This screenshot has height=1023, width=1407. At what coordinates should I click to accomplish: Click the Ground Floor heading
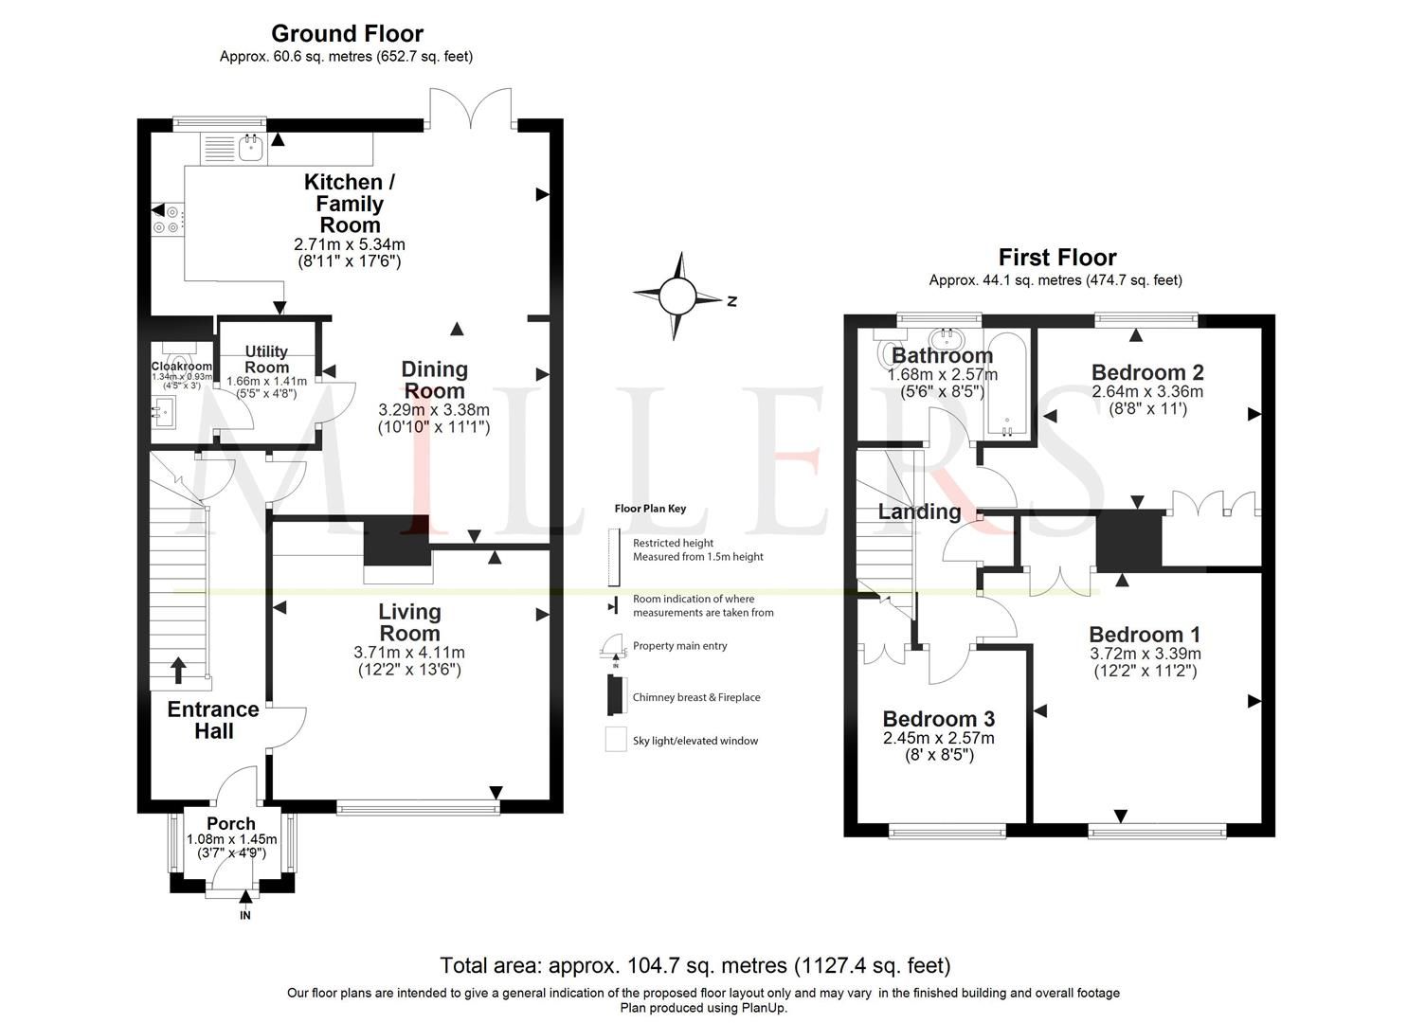(347, 34)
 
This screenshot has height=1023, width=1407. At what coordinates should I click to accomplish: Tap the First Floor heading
(1056, 258)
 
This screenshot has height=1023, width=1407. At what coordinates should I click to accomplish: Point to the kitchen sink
(251, 148)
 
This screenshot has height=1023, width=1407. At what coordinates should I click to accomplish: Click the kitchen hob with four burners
(168, 220)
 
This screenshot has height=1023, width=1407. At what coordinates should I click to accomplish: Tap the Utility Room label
(266, 359)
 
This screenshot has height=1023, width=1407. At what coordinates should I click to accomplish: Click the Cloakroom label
(182, 367)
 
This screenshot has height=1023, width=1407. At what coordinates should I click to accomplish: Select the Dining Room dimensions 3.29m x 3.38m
(434, 410)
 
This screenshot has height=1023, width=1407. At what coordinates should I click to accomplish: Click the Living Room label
(409, 622)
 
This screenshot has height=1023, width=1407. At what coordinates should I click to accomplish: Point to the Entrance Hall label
(213, 720)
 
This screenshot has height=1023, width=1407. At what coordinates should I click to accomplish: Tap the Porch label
(231, 824)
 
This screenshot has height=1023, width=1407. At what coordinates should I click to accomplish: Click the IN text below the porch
(245, 916)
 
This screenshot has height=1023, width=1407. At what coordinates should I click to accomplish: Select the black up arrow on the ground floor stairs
(177, 671)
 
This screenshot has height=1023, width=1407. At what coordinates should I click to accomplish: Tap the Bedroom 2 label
(1146, 372)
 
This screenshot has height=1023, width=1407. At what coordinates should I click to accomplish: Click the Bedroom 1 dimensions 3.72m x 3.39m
(1145, 654)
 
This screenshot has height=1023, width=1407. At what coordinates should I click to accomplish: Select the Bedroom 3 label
(938, 719)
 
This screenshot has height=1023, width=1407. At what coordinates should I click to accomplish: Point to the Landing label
(919, 511)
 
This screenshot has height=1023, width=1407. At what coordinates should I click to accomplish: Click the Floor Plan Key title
(650, 509)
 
